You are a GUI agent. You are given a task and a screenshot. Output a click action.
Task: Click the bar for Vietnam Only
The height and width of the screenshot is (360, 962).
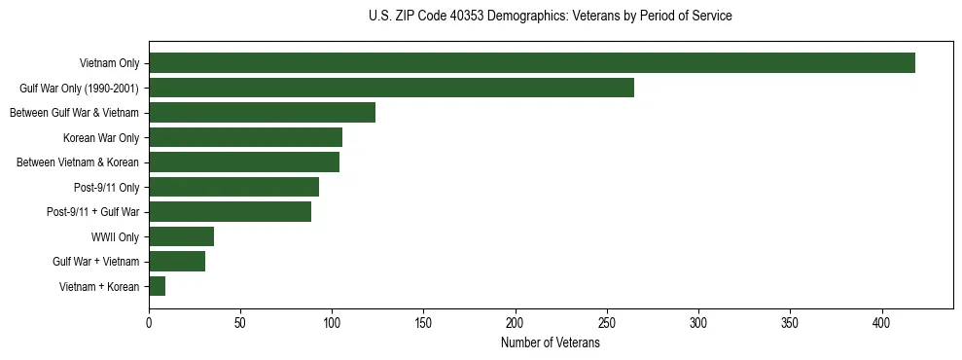point(531,63)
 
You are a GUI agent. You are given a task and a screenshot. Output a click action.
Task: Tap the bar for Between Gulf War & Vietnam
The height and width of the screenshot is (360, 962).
point(262,113)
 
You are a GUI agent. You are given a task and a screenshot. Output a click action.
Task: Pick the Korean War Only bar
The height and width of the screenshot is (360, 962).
point(245,137)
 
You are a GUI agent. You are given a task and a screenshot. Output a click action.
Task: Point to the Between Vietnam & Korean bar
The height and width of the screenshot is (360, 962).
point(244,162)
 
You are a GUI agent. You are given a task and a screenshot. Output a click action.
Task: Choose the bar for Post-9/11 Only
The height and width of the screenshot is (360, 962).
point(233,187)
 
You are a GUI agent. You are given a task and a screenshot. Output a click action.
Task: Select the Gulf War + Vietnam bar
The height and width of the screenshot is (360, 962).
point(177,262)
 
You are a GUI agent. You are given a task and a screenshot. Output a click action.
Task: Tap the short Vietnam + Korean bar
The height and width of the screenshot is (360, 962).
point(157,286)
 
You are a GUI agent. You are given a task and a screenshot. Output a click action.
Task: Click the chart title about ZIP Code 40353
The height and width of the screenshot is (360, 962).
point(551,17)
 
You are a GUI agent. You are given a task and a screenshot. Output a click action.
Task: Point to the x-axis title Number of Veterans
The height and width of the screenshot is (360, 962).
point(550,343)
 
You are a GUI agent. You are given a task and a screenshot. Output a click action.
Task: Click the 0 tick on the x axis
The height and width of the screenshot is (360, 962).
point(149,323)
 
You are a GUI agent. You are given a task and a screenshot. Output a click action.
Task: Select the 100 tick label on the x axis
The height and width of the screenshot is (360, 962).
point(332,323)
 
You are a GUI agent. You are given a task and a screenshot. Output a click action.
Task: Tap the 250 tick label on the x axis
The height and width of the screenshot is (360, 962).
point(607,323)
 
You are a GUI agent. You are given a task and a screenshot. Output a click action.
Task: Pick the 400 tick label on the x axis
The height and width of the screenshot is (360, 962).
point(882,323)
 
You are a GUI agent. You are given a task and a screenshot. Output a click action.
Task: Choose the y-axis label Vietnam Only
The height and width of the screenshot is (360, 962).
point(110,63)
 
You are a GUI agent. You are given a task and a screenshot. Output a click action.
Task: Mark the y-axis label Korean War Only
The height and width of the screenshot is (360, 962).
point(101,137)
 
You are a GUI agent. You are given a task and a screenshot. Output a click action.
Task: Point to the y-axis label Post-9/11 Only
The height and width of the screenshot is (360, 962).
point(107,187)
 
